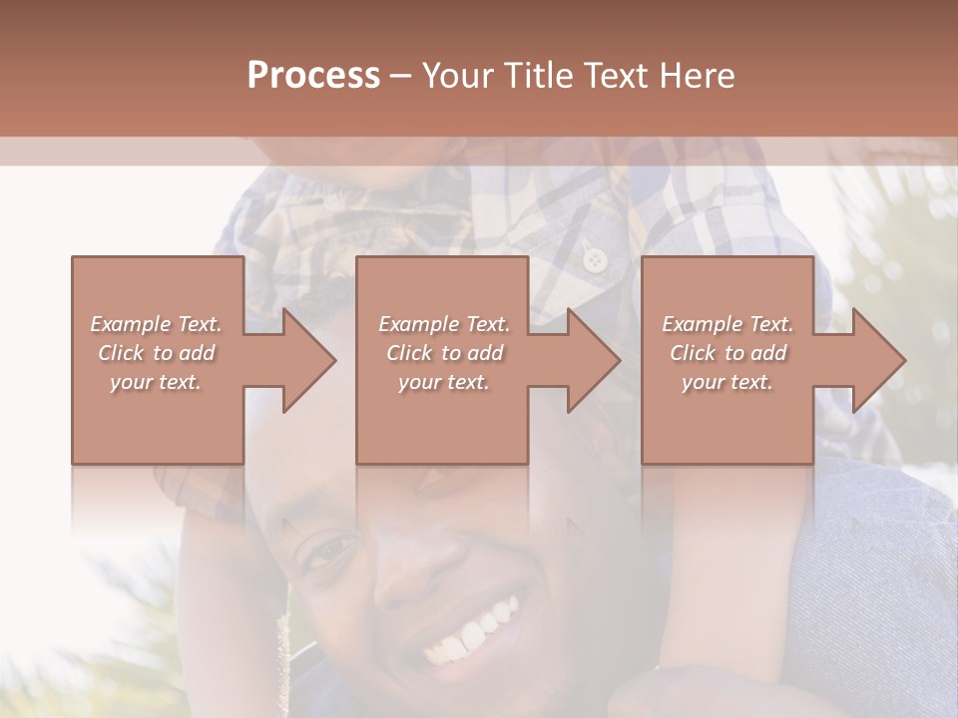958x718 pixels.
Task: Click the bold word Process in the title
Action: point(313,76)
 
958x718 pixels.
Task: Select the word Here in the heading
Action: point(696,76)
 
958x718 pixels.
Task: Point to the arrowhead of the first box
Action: point(309,360)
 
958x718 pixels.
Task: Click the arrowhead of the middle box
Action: point(594,360)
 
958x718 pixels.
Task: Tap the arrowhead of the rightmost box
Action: point(879,360)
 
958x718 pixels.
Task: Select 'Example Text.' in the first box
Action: point(157,324)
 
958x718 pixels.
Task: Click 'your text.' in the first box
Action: point(157,382)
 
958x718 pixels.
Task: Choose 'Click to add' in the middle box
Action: point(444,353)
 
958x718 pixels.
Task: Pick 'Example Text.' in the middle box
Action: point(444,324)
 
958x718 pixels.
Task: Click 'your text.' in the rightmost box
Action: point(727,382)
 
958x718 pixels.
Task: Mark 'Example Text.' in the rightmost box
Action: point(727,324)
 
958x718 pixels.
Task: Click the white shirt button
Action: point(596,260)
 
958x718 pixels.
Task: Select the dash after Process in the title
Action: point(400,76)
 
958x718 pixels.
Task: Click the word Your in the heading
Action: point(457,76)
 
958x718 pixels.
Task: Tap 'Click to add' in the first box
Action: point(157,353)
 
